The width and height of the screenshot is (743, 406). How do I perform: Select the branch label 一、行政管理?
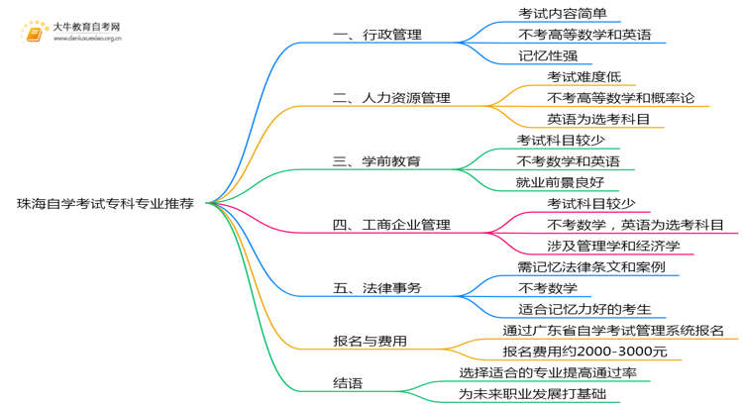click(x=377, y=35)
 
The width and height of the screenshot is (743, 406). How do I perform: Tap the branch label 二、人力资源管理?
click(x=391, y=98)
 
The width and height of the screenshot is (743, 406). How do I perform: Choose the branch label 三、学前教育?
click(x=377, y=160)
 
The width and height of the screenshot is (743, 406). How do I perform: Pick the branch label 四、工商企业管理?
click(x=391, y=225)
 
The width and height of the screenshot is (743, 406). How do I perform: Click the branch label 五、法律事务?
click(x=377, y=288)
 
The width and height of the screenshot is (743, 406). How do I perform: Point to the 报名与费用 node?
click(x=370, y=342)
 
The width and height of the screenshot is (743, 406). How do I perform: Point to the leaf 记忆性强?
click(x=547, y=55)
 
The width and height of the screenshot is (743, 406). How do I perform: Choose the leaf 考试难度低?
click(x=584, y=76)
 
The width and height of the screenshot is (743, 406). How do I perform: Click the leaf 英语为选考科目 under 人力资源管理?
click(x=598, y=119)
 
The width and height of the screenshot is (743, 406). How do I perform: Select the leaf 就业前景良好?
click(x=561, y=181)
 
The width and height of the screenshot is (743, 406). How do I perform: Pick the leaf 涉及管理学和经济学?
click(x=613, y=246)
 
